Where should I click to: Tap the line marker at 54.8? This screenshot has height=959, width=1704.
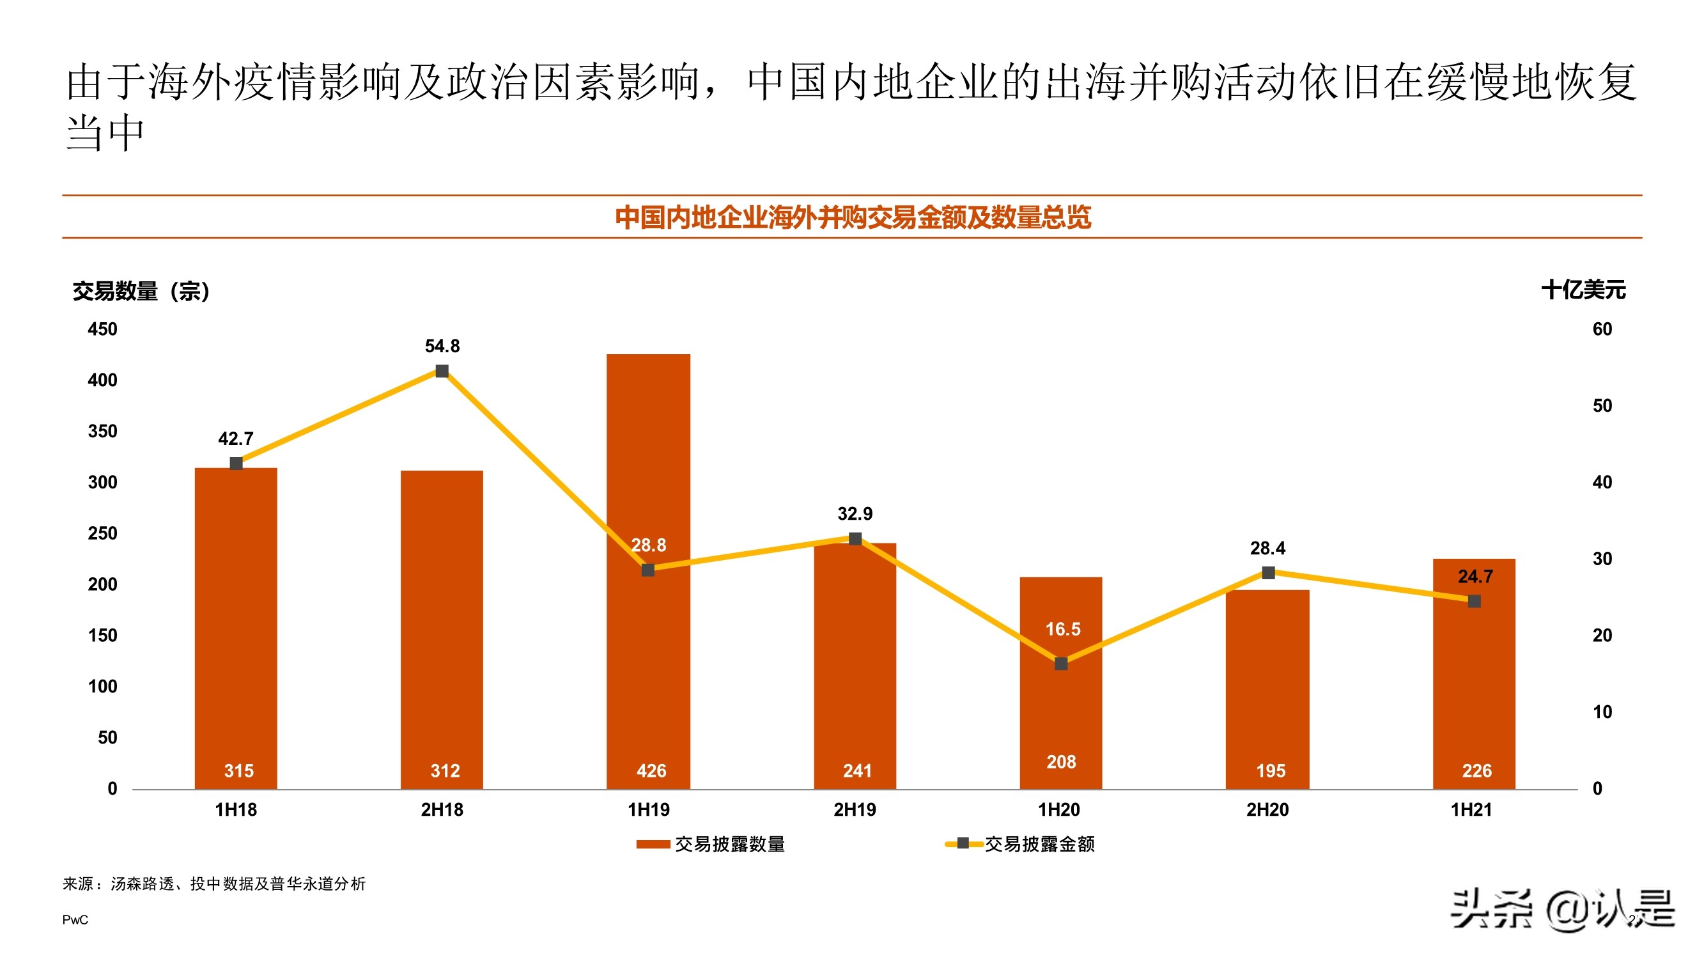point(442,371)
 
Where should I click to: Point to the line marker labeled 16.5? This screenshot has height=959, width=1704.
point(1061,664)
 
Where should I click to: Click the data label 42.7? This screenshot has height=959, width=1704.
point(235,439)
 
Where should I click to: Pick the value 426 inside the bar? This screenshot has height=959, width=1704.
point(651,770)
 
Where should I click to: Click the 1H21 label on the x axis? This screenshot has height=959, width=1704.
point(1471,809)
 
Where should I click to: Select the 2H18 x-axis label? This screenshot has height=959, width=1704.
point(442,809)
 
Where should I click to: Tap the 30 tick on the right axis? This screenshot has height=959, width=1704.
point(1602,559)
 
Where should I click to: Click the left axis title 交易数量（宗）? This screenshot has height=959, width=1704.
point(141,291)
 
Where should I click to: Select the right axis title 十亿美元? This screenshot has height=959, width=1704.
point(1583,290)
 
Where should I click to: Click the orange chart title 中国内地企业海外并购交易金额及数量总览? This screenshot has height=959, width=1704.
point(853,217)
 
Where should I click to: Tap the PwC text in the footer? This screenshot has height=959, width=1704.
point(75,920)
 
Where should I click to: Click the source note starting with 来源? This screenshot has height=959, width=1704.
point(213,884)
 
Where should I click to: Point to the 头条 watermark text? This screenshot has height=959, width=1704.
point(1492,909)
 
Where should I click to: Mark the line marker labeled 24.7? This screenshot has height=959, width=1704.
point(1475,601)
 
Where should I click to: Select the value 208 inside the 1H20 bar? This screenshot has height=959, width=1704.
point(1061,762)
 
